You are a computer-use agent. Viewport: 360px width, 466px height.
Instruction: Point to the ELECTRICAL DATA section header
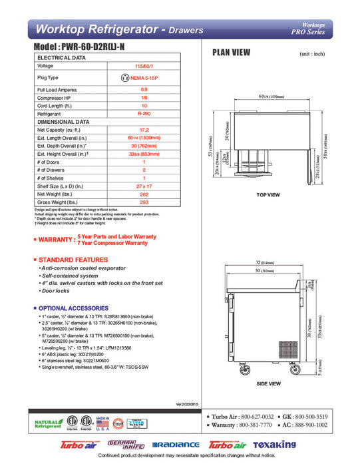(62, 58)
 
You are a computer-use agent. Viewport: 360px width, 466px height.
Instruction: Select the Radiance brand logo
(176, 445)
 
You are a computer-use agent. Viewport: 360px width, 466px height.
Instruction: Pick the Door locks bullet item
(57, 292)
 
